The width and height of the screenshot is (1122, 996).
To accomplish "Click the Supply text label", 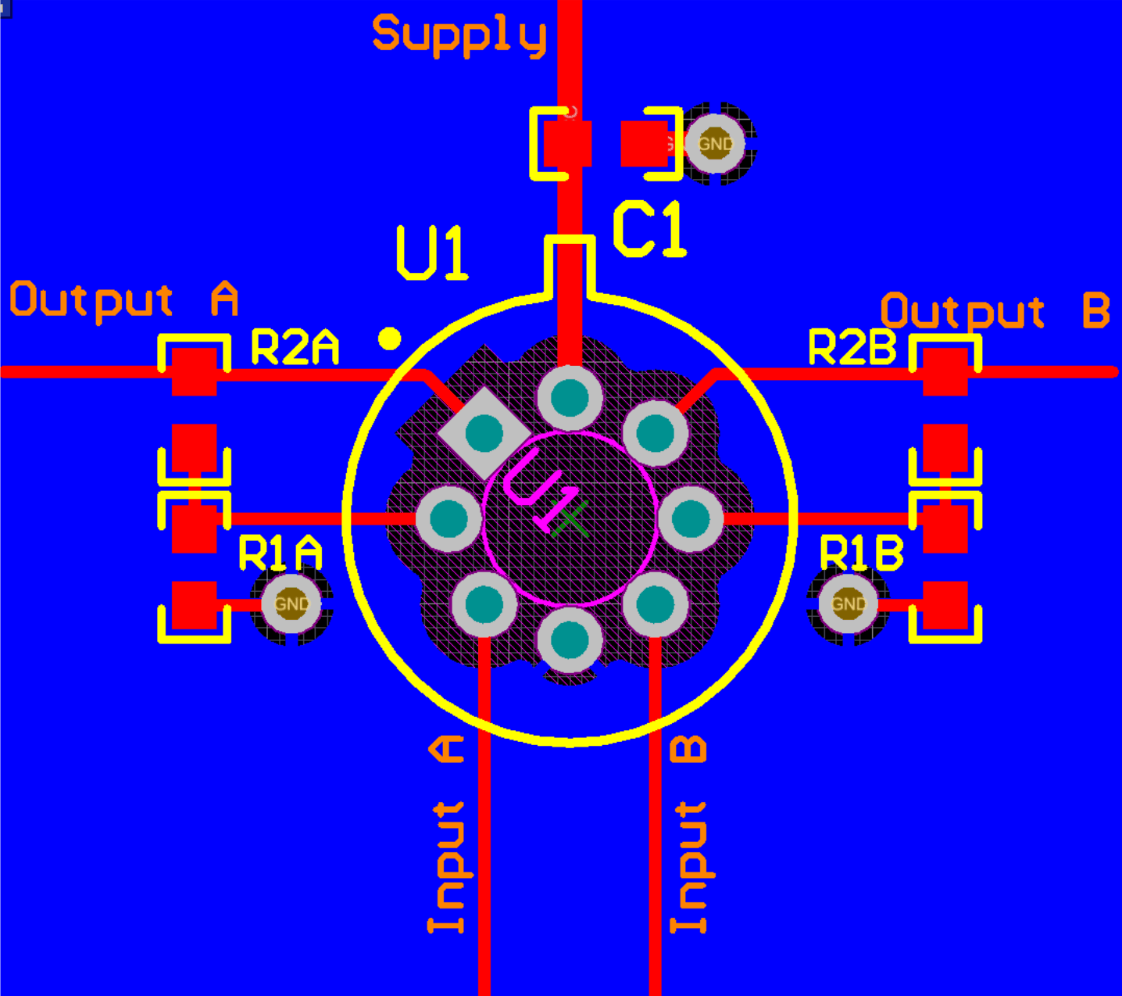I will (x=459, y=35).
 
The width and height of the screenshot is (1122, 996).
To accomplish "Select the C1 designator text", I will (x=649, y=230).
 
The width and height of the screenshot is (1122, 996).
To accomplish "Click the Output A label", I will (x=123, y=300).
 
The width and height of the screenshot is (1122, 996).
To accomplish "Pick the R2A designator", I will (x=295, y=348).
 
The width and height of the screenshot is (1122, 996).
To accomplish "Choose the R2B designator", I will (x=852, y=348).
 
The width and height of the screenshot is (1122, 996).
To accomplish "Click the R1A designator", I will (x=280, y=554).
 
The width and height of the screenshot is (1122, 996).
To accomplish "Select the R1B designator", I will (x=861, y=554).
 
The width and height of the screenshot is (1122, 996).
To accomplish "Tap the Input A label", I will (x=448, y=835).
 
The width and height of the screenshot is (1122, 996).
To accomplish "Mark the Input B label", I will (x=690, y=835).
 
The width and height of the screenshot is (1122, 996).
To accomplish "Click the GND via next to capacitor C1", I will (x=716, y=144).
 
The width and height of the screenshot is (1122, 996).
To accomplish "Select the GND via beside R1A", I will (x=291, y=604).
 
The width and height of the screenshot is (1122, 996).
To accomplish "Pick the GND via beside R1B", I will (x=849, y=604).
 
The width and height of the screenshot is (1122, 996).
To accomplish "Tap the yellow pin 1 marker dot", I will (x=389, y=339).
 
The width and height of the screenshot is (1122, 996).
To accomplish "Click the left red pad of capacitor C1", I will (x=566, y=144).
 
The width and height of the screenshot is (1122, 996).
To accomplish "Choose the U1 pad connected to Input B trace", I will (x=655, y=604).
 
